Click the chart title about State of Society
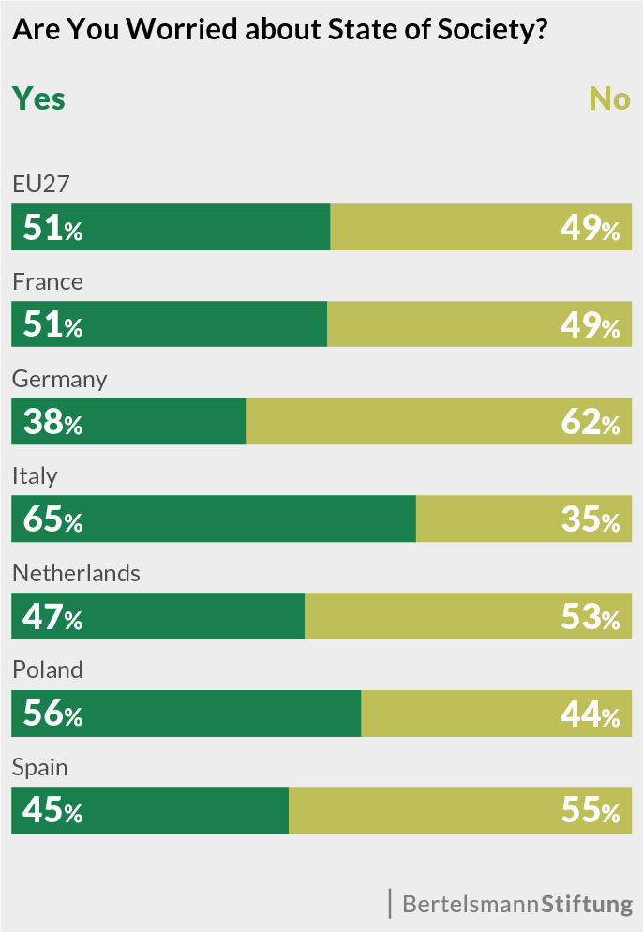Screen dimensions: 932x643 tap(279, 30)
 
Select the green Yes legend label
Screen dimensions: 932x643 tap(38, 98)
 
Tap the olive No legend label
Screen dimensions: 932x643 tap(609, 98)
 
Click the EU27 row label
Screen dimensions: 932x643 tap(40, 185)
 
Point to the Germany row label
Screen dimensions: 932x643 tap(59, 380)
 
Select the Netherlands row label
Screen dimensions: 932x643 tap(76, 574)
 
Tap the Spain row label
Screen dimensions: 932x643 tap(39, 768)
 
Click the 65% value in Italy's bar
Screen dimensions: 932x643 tap(52, 520)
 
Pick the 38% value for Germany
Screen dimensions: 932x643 tap(52, 423)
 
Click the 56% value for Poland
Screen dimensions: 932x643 tap(52, 714)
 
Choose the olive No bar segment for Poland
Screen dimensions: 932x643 tap(469, 714)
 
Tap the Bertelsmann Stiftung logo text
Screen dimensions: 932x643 tap(517, 905)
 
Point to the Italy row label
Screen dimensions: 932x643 tap(35, 476)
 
